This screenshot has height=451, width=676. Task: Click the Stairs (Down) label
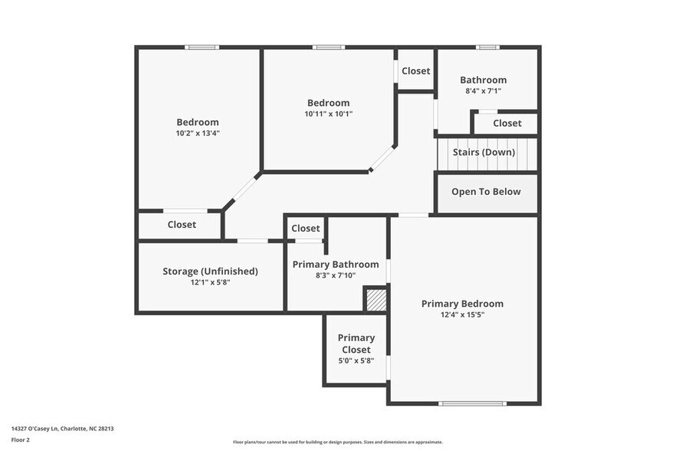click(484, 152)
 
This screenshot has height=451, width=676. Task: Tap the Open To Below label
click(486, 192)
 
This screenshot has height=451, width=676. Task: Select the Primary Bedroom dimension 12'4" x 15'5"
click(462, 314)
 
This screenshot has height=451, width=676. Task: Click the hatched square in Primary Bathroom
click(375, 299)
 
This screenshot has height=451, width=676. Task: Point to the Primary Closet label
click(356, 344)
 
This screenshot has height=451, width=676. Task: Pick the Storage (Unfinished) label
click(210, 271)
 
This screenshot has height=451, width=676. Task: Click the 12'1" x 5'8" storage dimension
click(210, 282)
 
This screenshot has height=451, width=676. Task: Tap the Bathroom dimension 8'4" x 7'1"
click(483, 91)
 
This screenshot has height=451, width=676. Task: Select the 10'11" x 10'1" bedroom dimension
click(328, 114)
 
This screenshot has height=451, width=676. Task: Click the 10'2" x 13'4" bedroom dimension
click(198, 133)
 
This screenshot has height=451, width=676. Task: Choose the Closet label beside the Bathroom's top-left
click(416, 71)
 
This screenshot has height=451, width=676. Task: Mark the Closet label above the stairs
click(507, 123)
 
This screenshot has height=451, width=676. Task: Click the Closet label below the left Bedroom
click(182, 225)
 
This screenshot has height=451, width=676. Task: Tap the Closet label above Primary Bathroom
click(306, 228)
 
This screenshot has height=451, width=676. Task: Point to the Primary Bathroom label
click(336, 264)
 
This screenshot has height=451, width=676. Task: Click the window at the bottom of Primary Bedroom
click(461, 403)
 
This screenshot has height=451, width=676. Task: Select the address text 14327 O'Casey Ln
click(41, 429)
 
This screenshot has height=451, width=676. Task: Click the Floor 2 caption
click(21, 440)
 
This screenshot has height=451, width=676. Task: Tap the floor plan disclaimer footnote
click(338, 442)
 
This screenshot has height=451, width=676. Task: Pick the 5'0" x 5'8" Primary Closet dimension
click(356, 360)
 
